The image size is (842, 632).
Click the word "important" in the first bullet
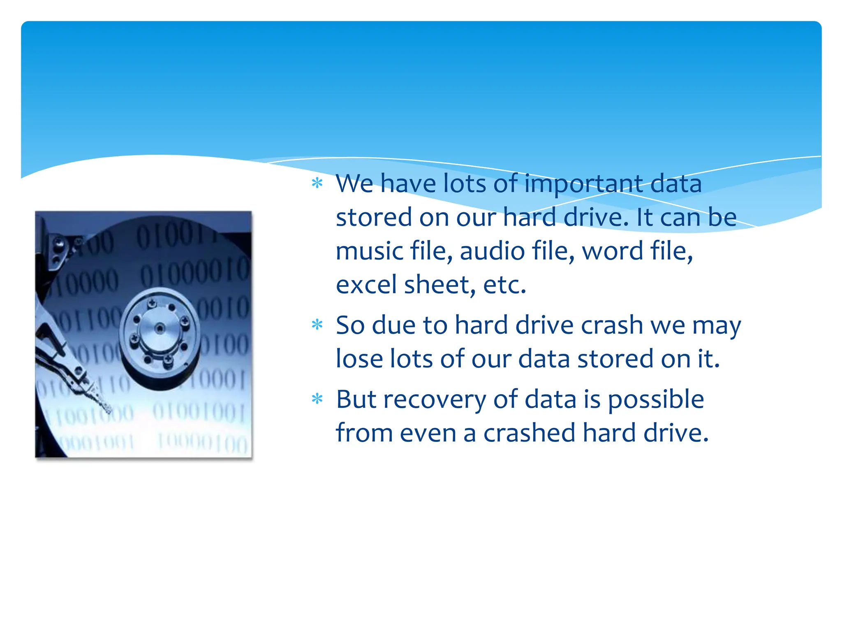[x=583, y=184]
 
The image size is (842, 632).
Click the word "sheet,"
[x=440, y=285]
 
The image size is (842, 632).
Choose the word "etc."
[x=505, y=285]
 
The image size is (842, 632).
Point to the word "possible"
[x=656, y=400]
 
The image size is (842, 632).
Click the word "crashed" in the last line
[x=529, y=433]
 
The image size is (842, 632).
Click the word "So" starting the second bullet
[x=350, y=325]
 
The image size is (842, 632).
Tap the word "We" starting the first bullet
[x=354, y=184]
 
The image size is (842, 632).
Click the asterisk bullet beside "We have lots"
[x=317, y=183]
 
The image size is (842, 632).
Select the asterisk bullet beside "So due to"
[x=317, y=325]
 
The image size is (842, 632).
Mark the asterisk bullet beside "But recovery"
[x=317, y=398]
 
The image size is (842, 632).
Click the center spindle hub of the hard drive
[x=160, y=328]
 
